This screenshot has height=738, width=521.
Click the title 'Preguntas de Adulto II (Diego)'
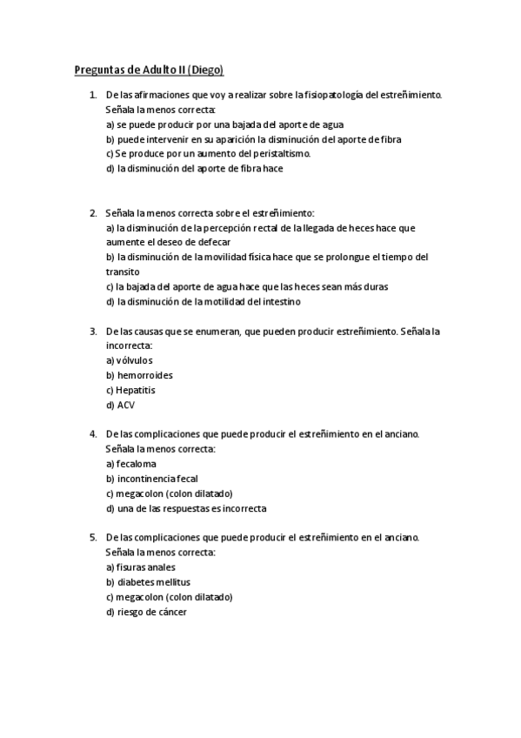click(x=150, y=69)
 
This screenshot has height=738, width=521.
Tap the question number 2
click(x=93, y=212)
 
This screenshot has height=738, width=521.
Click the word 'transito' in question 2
click(x=123, y=272)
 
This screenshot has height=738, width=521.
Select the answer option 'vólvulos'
click(x=129, y=361)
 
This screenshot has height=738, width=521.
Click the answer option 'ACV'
click(x=120, y=406)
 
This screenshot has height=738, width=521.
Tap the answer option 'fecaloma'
click(x=130, y=464)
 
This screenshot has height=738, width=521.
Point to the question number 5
click(x=93, y=538)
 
